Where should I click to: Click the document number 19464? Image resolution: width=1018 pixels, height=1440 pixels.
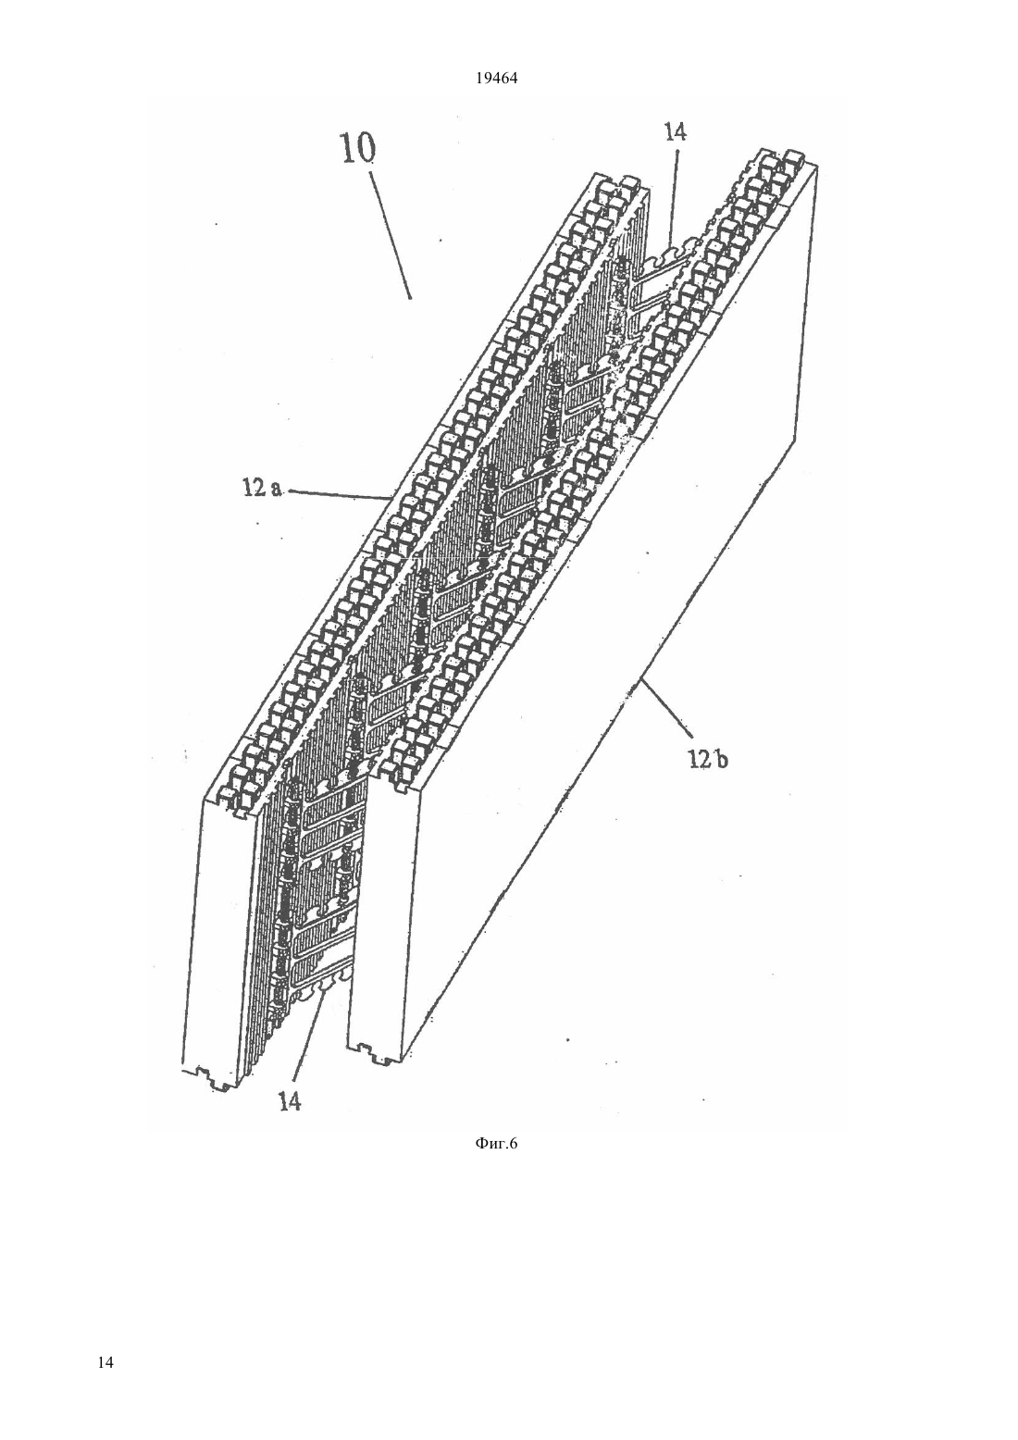click(496, 79)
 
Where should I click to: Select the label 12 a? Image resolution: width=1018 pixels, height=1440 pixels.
click(262, 490)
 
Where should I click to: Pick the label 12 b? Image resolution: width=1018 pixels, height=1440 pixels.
click(708, 761)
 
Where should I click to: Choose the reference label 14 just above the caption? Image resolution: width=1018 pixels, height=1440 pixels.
click(290, 1101)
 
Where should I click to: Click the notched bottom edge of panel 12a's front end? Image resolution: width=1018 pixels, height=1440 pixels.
click(212, 1078)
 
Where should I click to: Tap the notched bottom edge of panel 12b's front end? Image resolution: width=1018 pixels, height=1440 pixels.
click(376, 1049)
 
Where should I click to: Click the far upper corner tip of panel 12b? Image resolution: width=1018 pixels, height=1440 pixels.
click(819, 165)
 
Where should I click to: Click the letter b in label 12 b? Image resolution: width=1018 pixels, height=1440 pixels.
click(723, 761)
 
